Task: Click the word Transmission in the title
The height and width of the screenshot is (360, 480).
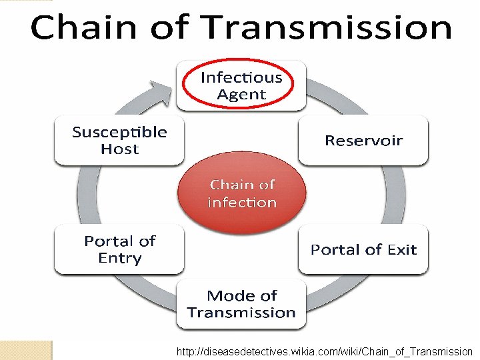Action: click(x=327, y=28)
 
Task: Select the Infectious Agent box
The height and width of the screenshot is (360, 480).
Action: click(x=241, y=85)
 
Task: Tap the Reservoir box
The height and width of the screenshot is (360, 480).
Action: click(x=363, y=140)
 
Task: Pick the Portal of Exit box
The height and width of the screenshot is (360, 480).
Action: click(x=363, y=249)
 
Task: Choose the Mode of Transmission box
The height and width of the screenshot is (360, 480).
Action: click(x=241, y=304)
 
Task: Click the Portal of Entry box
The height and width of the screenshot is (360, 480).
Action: click(x=119, y=249)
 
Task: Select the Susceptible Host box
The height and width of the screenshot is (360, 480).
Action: click(x=119, y=140)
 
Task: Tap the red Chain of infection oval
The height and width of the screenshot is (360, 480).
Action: click(x=241, y=193)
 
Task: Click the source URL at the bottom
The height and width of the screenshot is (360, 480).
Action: click(x=324, y=351)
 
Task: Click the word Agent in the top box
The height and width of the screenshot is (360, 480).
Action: click(x=241, y=95)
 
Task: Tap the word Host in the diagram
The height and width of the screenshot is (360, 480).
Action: click(x=119, y=149)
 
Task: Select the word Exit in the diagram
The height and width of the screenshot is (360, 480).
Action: click(x=402, y=249)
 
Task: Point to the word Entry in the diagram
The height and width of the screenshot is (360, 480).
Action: click(x=119, y=259)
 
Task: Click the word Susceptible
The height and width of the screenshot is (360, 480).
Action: click(x=119, y=131)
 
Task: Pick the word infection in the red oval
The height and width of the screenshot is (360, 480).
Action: click(x=241, y=202)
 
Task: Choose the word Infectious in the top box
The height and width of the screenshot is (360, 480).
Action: click(x=241, y=77)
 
